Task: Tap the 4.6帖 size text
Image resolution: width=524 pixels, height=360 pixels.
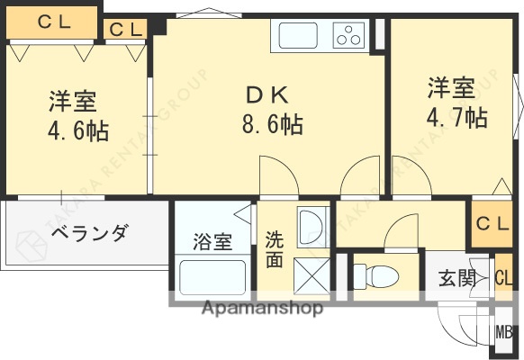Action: pos(77,131)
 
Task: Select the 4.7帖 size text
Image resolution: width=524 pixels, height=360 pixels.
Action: pos(457,117)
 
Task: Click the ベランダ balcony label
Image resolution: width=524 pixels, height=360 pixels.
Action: pos(88,234)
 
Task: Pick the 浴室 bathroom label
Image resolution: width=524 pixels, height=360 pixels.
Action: pos(212,241)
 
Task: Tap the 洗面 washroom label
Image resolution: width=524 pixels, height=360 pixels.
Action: pos(275,250)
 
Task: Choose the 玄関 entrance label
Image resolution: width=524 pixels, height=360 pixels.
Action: pos(457,278)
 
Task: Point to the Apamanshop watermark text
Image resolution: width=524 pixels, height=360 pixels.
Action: pos(263,309)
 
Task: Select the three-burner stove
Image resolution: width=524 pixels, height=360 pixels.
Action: pos(348,36)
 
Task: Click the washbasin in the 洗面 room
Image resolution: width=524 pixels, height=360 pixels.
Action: pos(312,222)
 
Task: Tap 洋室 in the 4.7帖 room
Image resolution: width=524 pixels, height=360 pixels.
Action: pos(452,88)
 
